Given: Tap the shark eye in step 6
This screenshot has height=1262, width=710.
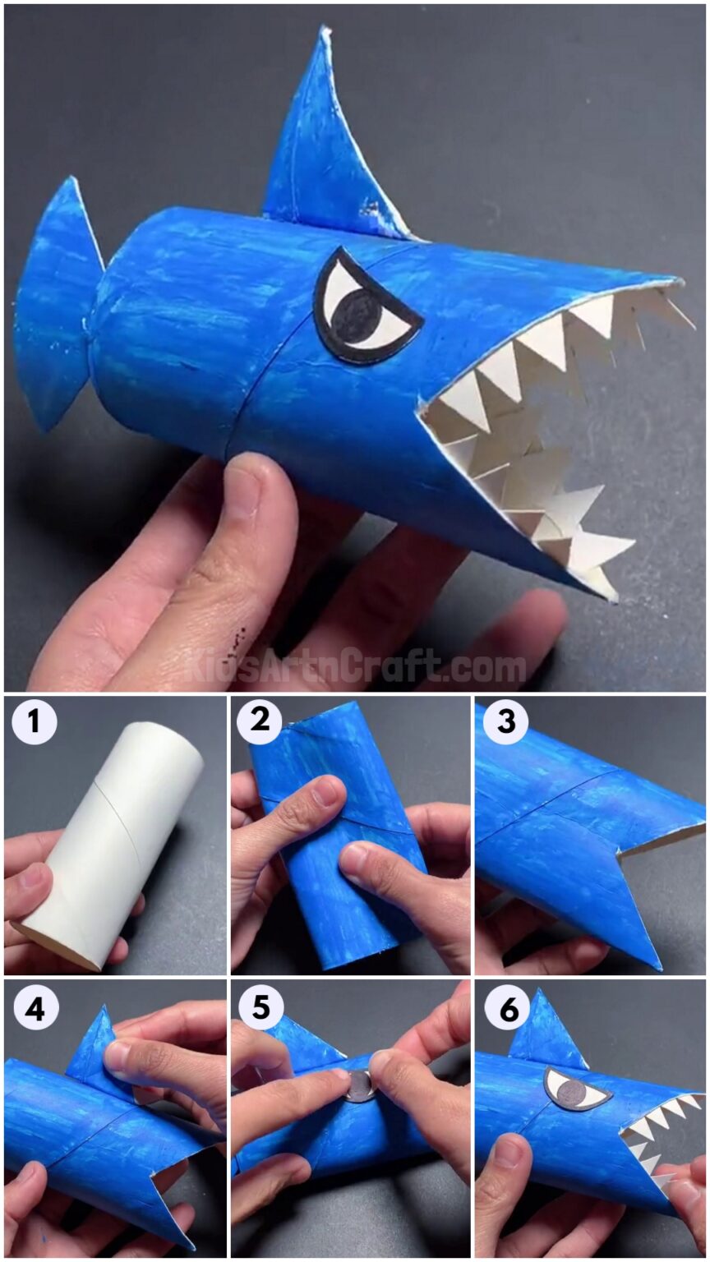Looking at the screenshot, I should (576, 1089).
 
